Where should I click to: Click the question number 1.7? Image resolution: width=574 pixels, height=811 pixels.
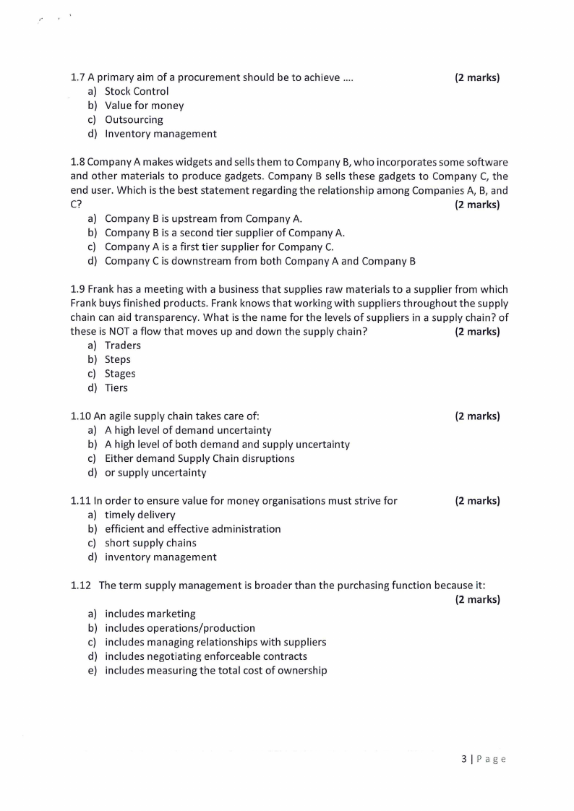point(78,77)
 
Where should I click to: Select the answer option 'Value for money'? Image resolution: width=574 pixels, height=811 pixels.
point(144,106)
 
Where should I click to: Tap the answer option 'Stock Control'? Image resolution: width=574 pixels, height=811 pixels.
point(136,91)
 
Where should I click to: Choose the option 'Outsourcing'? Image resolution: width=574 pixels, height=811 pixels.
point(134,120)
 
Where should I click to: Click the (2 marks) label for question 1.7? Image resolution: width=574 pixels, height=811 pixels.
point(477,77)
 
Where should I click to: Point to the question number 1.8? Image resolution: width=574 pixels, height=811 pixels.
point(78,162)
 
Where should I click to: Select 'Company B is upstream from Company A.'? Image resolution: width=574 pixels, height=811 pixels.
point(203,218)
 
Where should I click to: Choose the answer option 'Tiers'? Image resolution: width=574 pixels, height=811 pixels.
point(116,388)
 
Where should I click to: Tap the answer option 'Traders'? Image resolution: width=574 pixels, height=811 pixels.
point(122,346)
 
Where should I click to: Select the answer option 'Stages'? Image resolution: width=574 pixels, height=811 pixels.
point(120,374)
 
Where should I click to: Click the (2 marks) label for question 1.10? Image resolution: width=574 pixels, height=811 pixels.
point(477,416)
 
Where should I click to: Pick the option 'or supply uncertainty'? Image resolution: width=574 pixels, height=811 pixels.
point(155,473)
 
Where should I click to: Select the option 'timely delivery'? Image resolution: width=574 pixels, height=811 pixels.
point(140,515)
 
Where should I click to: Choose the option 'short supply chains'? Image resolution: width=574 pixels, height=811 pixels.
point(150,543)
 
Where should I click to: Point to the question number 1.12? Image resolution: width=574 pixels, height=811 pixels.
point(81,585)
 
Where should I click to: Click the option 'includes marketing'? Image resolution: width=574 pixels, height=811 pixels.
point(150,614)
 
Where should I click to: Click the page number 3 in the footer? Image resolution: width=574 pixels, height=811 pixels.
point(463,759)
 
